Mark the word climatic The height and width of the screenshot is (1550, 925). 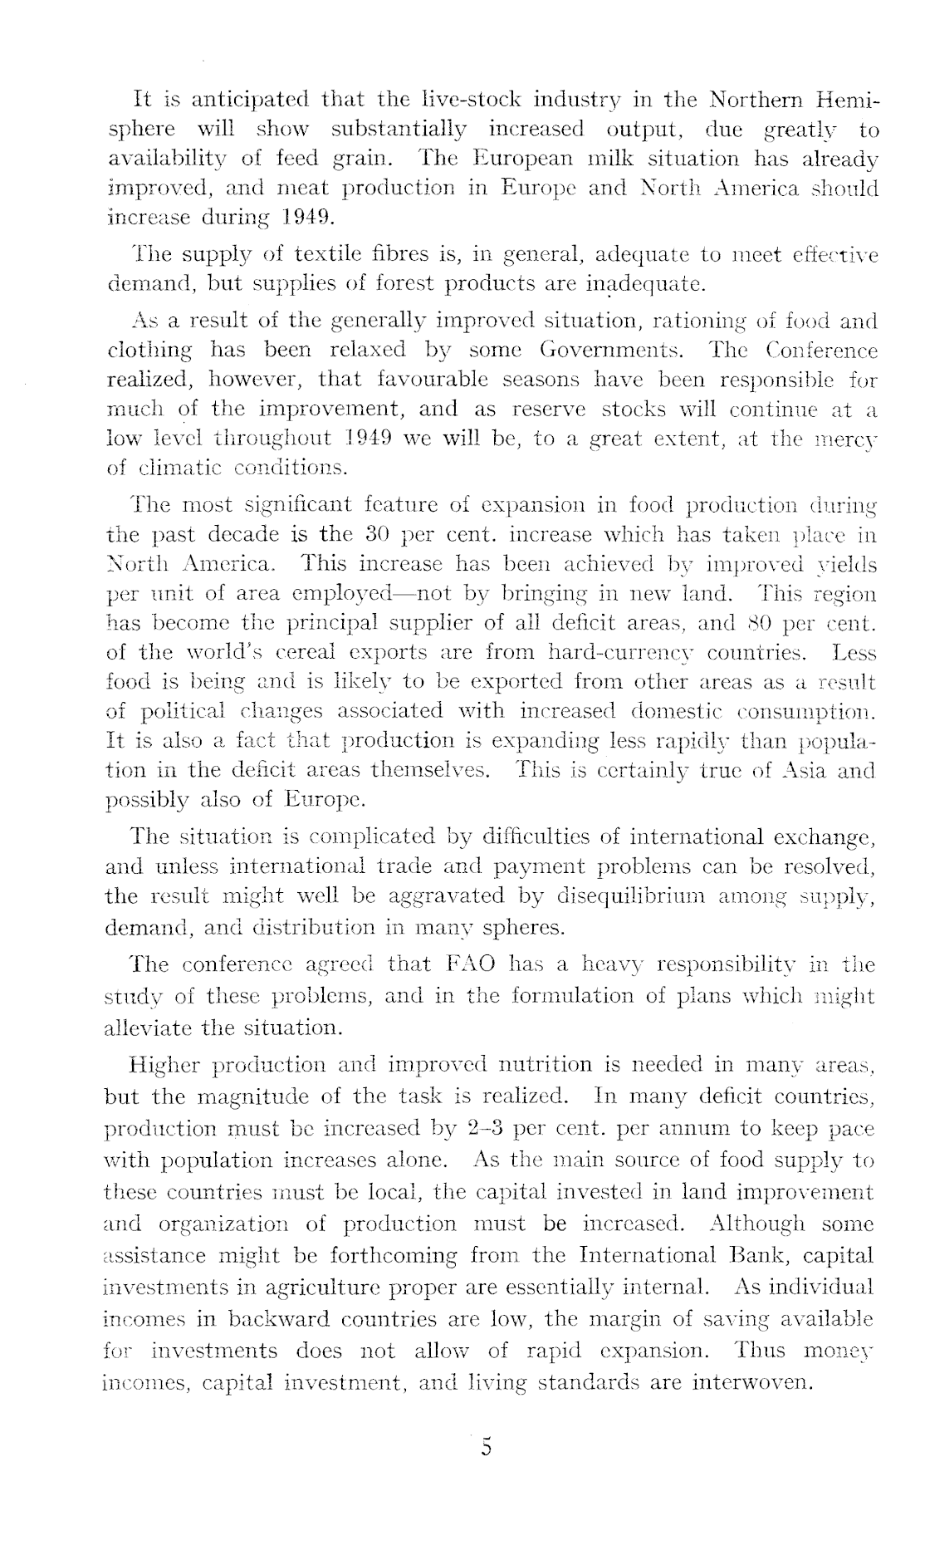click(174, 467)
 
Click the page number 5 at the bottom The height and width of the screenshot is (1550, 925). click(486, 1471)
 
